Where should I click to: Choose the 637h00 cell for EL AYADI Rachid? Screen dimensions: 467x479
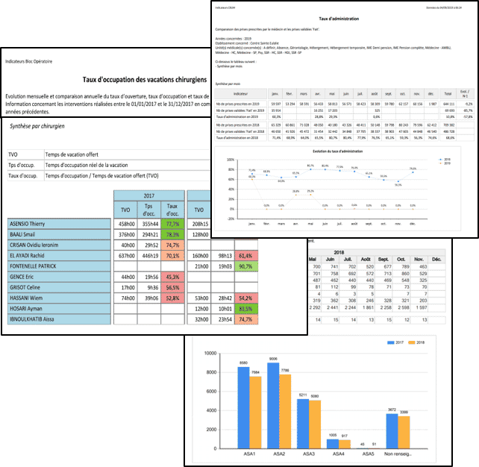click(128, 255)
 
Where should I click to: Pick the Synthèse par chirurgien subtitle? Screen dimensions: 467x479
click(37, 127)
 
